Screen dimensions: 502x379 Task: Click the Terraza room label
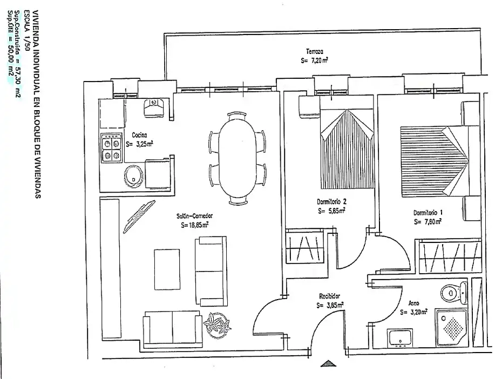click(x=314, y=51)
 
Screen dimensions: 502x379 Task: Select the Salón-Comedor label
click(x=194, y=216)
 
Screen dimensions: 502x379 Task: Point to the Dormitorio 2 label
click(x=331, y=202)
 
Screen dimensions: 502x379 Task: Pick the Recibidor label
click(x=329, y=296)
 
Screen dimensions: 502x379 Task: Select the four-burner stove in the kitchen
click(x=111, y=148)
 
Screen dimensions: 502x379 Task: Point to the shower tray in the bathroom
click(x=452, y=328)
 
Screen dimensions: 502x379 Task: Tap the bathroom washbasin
click(x=399, y=339)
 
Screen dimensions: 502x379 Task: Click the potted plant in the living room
click(x=218, y=325)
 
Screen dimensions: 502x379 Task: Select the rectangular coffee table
click(x=167, y=269)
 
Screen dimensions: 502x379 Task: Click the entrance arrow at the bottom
click(x=329, y=363)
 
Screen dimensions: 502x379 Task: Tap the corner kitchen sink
click(x=154, y=107)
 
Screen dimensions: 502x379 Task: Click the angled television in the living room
click(x=139, y=216)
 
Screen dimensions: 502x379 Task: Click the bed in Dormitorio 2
click(x=347, y=149)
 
